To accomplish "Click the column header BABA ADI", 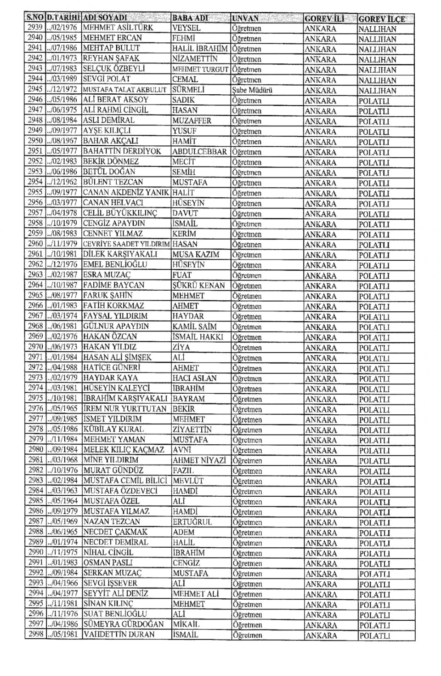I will tap(190, 18).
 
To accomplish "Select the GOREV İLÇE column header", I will tap(382, 19).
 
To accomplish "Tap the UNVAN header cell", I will tap(245, 18).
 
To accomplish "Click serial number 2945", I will tap(35, 89).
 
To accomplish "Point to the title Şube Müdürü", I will tap(252, 90).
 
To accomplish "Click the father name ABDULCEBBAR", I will tap(199, 151).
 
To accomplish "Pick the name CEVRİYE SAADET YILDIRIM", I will tap(126, 244).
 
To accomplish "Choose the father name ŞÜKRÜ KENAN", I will tap(198, 285).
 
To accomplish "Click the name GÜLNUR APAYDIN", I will tap(116, 326).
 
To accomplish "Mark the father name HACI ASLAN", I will tap(194, 378).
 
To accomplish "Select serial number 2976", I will tap(35, 408).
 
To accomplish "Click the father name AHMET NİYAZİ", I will tap(199, 460).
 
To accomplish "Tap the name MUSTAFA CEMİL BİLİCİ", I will tap(125, 481).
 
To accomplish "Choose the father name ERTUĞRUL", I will tap(192, 522).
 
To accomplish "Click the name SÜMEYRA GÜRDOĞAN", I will tap(124, 624).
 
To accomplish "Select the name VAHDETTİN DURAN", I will tap(119, 635).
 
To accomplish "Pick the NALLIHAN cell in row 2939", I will tap(377, 29).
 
